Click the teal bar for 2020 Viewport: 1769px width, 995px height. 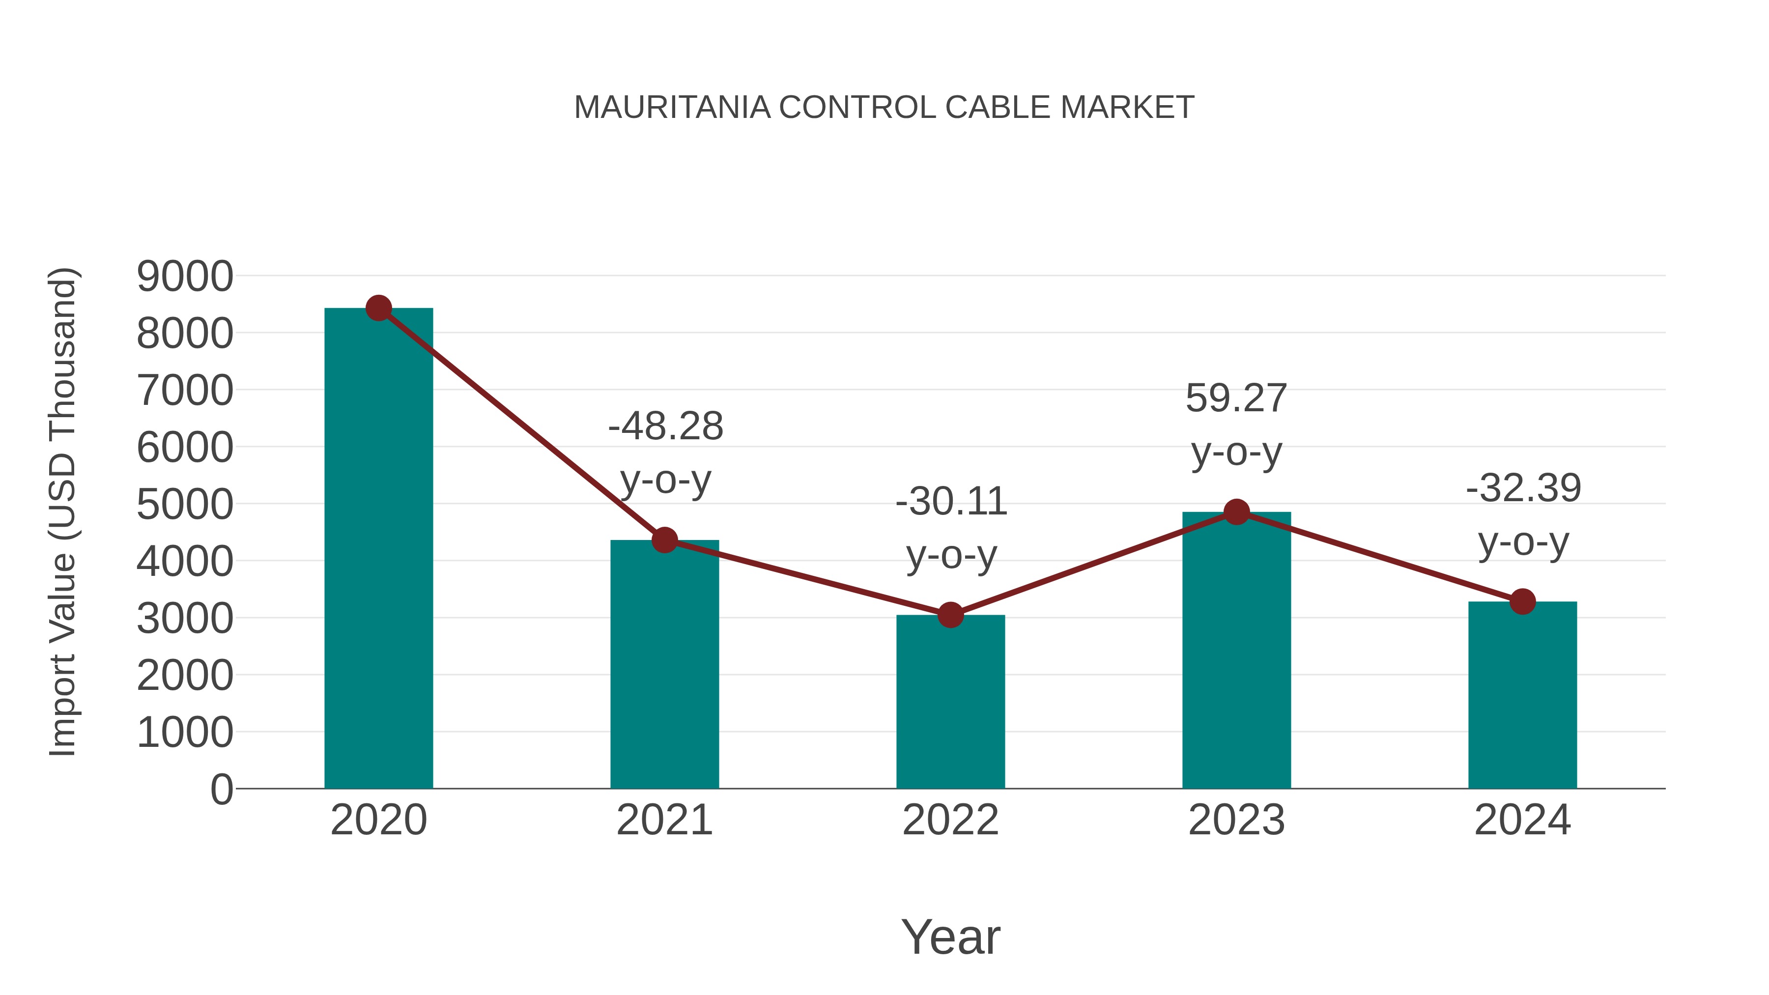(378, 549)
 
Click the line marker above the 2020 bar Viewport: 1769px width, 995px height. (378, 308)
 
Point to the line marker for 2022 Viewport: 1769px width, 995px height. (950, 615)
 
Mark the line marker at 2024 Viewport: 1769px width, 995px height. (1522, 601)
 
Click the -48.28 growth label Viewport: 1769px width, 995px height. (665, 426)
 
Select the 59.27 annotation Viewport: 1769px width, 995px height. (1236, 398)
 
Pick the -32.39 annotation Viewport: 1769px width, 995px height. (1523, 488)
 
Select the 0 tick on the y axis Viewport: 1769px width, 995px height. (221, 789)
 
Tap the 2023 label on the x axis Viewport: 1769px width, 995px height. (1236, 820)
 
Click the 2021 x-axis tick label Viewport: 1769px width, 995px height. (664, 820)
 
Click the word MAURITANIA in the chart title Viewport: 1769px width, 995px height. (672, 108)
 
